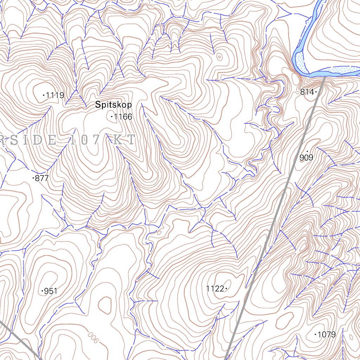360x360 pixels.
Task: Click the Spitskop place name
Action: coord(113,105)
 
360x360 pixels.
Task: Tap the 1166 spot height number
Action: coord(123,117)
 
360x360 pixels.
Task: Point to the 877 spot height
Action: coord(42,178)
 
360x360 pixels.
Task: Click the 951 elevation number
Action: coord(51,291)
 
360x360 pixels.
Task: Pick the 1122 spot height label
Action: coord(215,289)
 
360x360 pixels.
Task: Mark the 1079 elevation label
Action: coord(327,334)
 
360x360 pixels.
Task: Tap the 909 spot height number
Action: coord(306,158)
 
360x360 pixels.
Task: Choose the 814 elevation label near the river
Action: coord(307,92)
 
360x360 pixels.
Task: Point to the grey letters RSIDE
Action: coord(28,140)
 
